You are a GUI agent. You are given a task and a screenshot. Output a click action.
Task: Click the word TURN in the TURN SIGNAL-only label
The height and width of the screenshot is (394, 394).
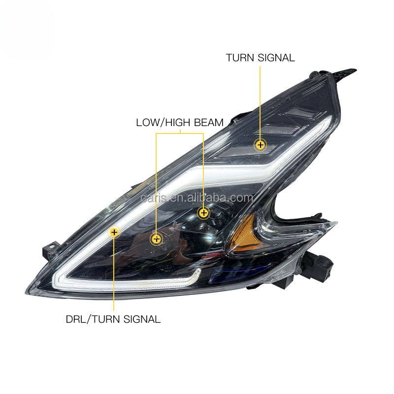point(239,58)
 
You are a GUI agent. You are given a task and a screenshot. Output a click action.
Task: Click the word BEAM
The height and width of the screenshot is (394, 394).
point(209,122)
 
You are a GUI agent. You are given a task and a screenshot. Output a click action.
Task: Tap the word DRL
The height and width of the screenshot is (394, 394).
point(77,319)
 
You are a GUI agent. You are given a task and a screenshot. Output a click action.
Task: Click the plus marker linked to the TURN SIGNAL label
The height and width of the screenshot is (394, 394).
point(260,145)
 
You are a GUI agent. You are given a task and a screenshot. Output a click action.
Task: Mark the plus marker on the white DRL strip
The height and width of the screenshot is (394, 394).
point(114,231)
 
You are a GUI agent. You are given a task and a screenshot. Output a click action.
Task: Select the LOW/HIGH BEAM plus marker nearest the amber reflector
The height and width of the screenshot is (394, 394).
point(203,213)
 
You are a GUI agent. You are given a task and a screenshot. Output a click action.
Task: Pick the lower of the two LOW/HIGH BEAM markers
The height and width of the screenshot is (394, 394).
point(157,239)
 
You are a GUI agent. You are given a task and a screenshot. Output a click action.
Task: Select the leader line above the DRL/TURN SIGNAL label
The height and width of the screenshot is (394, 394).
point(114,276)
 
